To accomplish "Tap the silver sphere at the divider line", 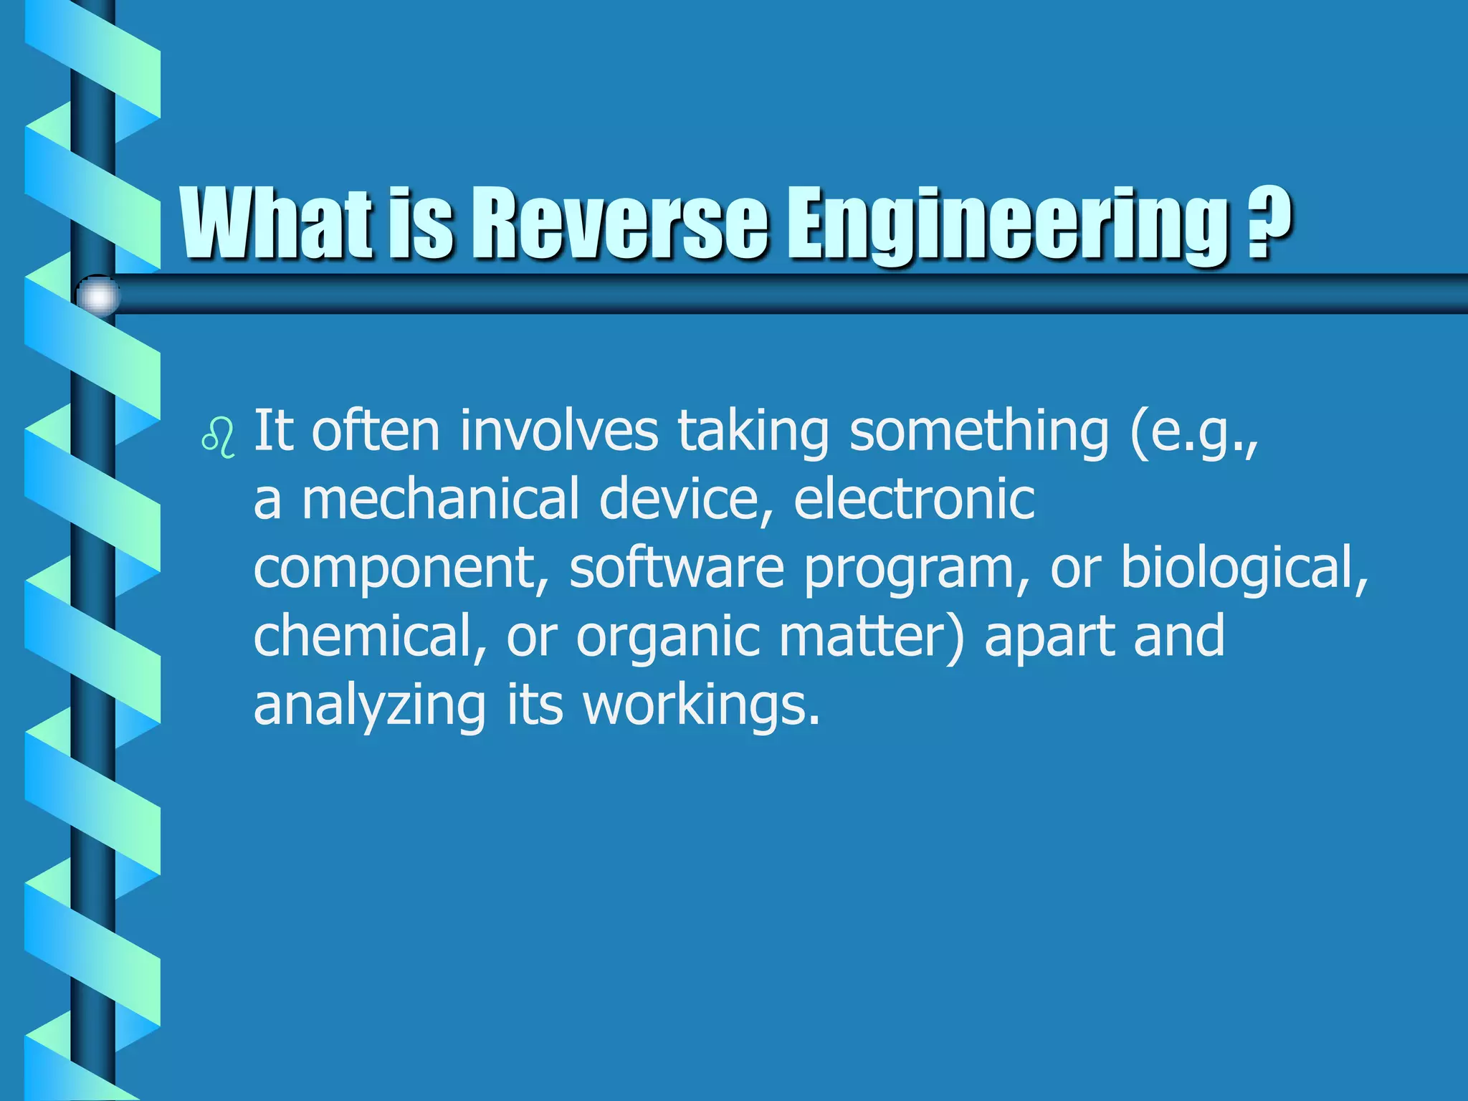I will [98, 295].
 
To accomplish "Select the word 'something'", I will [979, 432].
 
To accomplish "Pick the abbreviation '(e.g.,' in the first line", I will [1194, 433].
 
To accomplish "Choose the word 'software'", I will [677, 568].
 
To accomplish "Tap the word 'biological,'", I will [1244, 568].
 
